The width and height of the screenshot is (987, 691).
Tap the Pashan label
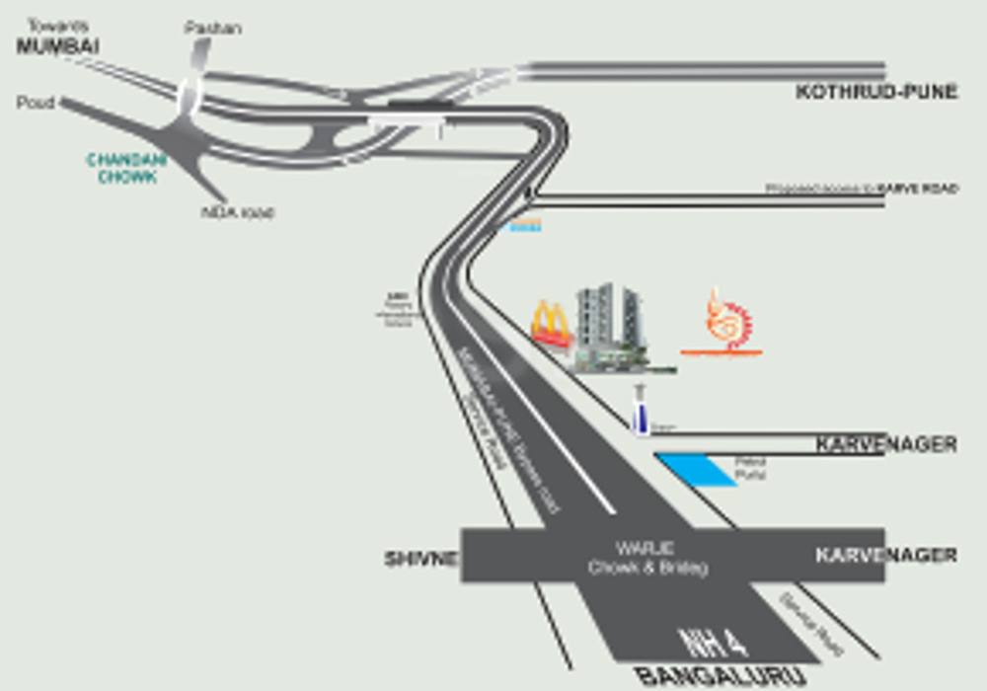click(x=212, y=28)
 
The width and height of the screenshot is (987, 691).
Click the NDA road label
click(x=237, y=212)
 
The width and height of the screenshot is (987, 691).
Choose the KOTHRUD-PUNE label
click(x=876, y=93)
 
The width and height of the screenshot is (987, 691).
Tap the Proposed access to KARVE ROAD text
click(x=862, y=189)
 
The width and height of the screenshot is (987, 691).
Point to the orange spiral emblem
click(x=728, y=323)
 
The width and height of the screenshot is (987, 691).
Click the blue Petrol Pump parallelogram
click(x=698, y=470)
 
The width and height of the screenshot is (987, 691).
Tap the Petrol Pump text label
click(x=751, y=468)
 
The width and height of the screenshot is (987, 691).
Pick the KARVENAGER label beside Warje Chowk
click(x=885, y=556)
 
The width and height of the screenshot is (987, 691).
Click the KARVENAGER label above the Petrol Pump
click(x=885, y=445)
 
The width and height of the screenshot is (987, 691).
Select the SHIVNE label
click(x=421, y=560)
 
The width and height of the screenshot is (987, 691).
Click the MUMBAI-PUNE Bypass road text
click(x=509, y=429)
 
